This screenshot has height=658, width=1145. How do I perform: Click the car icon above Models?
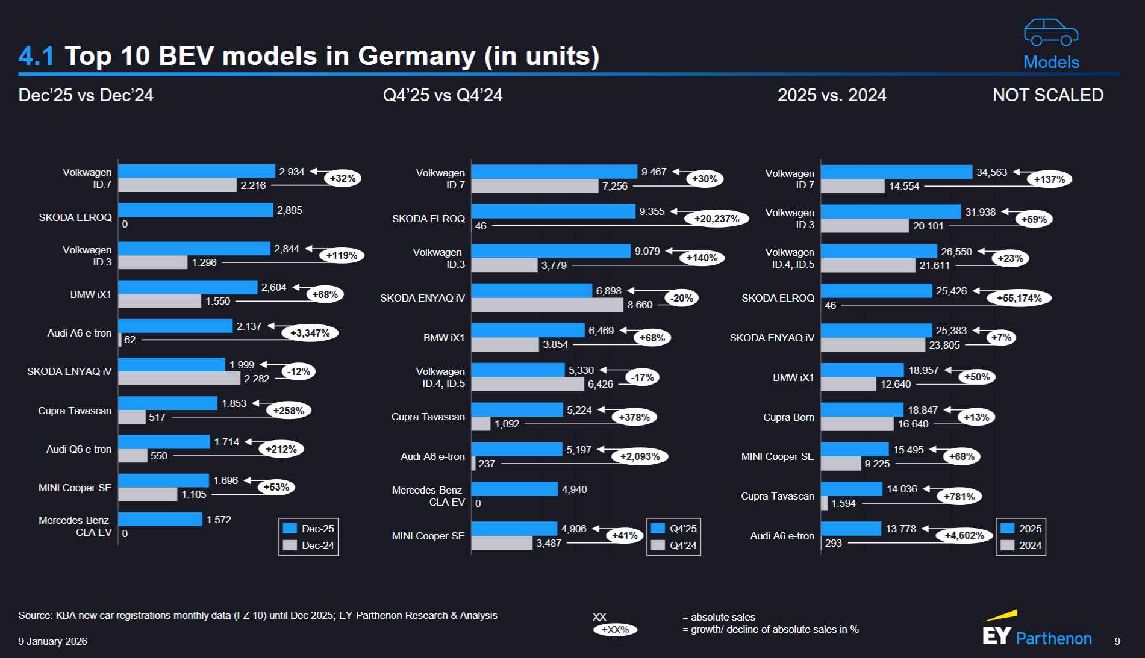pyautogui.click(x=1051, y=33)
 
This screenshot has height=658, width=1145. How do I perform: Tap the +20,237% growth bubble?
pyautogui.click(x=716, y=219)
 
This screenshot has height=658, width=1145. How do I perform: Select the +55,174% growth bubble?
pyautogui.click(x=1019, y=298)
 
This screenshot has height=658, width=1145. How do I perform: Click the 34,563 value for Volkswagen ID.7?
pyautogui.click(x=991, y=172)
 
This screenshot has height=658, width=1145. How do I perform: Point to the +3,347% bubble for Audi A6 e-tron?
pyautogui.click(x=310, y=333)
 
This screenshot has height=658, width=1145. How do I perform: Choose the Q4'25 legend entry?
pyautogui.click(x=675, y=529)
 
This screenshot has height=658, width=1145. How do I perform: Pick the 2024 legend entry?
pyautogui.click(x=1022, y=545)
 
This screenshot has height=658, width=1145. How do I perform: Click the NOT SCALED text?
pyautogui.click(x=1047, y=95)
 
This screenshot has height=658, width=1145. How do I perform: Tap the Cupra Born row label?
pyautogui.click(x=788, y=417)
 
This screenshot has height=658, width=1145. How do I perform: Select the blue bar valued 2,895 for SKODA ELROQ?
pyautogui.click(x=195, y=210)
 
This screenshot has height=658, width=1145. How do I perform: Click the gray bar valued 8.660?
pyautogui.click(x=547, y=305)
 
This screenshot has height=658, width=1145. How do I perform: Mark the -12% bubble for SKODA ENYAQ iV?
pyautogui.click(x=298, y=371)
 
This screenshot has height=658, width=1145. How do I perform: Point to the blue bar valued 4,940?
pyautogui.click(x=514, y=489)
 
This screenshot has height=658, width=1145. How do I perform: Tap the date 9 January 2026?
pyautogui.click(x=52, y=641)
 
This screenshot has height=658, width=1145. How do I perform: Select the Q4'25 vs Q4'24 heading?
pyautogui.click(x=442, y=95)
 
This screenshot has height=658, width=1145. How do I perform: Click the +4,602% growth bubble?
pyautogui.click(x=964, y=535)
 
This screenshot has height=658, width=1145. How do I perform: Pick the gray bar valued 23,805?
pyautogui.click(x=872, y=345)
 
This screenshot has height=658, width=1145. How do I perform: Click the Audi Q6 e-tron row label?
pyautogui.click(x=79, y=449)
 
